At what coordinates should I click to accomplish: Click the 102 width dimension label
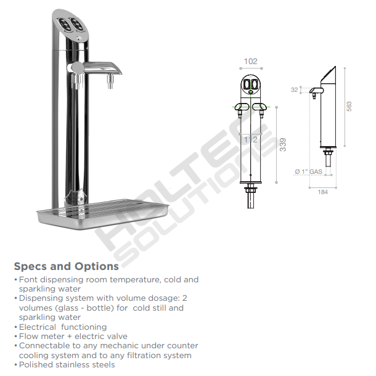tap(251, 62)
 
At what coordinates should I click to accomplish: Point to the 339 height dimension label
tap(283, 145)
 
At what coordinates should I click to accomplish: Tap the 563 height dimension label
tap(349, 106)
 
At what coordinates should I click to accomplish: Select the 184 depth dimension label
tap(322, 192)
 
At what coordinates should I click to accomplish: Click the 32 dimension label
tap(294, 89)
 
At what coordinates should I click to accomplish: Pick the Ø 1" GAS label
tap(309, 171)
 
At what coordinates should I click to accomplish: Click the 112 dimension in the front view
tap(251, 139)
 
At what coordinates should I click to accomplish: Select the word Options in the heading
tap(97, 266)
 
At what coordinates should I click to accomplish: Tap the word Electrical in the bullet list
tap(38, 327)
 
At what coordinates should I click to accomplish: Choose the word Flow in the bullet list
tap(28, 336)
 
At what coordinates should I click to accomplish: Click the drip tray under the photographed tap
tap(103, 213)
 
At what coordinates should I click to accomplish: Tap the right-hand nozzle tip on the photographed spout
tap(110, 82)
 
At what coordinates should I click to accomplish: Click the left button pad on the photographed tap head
tap(65, 25)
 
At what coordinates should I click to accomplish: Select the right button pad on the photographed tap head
tap(77, 24)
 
